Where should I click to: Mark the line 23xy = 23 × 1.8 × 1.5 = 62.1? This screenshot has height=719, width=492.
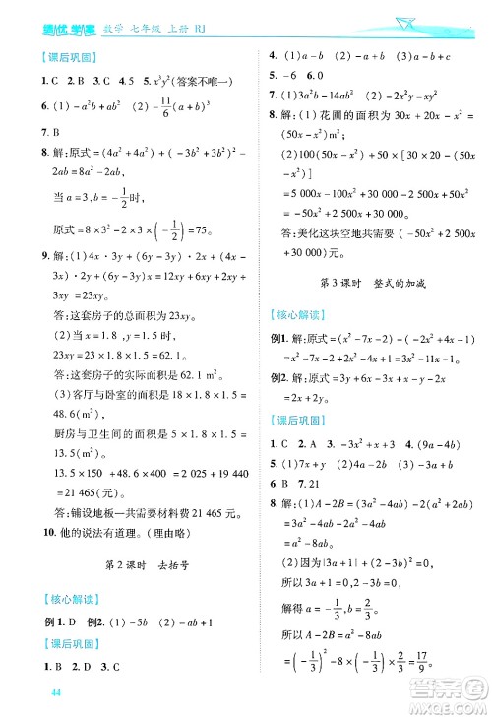pyautogui.click(x=114, y=355)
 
